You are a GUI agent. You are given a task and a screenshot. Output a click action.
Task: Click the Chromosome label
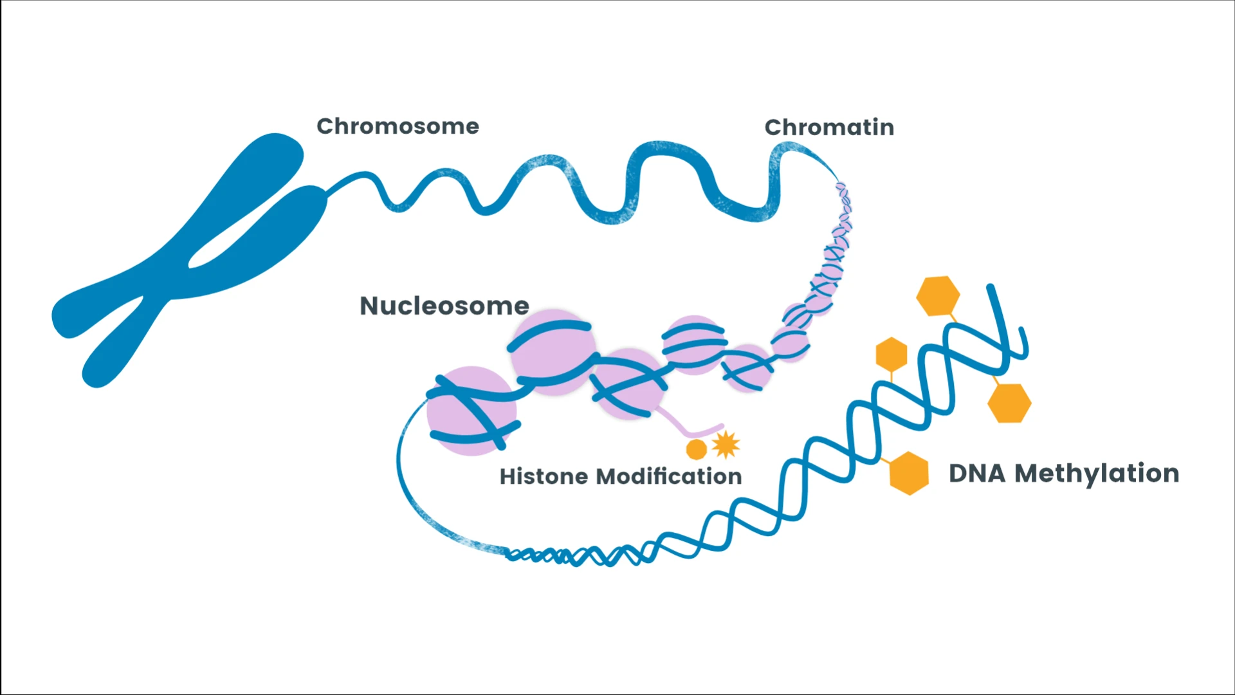coord(398,126)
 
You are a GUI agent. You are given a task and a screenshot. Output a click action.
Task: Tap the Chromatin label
coord(828,127)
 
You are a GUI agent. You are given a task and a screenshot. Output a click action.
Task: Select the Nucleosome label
coord(444,306)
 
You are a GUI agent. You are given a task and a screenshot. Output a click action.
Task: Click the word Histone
coord(544,476)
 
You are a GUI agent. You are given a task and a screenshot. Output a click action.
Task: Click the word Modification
coord(669,476)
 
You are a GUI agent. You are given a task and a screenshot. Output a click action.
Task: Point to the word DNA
coord(976,474)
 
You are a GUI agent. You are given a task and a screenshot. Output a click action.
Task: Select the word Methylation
coord(1097,474)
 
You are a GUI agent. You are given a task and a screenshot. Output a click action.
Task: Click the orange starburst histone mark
coord(726,444)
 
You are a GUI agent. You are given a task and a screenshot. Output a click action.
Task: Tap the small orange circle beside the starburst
coord(697,449)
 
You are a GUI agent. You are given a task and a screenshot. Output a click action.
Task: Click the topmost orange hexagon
coord(938,295)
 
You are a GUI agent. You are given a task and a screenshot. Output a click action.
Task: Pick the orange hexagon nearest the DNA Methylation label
coord(909,473)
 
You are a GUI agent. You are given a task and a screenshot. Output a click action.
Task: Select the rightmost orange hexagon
coord(1009,403)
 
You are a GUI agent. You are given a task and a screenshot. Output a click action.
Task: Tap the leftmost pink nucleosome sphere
coord(471,411)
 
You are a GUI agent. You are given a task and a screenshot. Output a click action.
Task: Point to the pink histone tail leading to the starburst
coord(688,427)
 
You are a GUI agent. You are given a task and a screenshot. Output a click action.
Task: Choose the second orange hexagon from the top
coord(892,354)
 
